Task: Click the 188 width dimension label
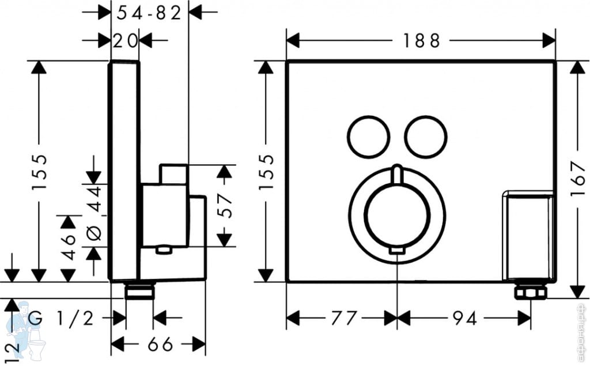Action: click(421, 41)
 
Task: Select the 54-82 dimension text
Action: click(149, 14)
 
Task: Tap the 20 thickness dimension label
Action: click(125, 41)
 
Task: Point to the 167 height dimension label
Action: click(578, 179)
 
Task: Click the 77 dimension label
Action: click(344, 319)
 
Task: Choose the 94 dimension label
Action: click(465, 319)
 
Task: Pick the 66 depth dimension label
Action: click(160, 344)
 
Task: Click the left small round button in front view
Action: click(368, 136)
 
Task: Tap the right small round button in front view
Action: click(426, 136)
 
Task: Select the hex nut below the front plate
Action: click(531, 292)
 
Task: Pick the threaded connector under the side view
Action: click(139, 291)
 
